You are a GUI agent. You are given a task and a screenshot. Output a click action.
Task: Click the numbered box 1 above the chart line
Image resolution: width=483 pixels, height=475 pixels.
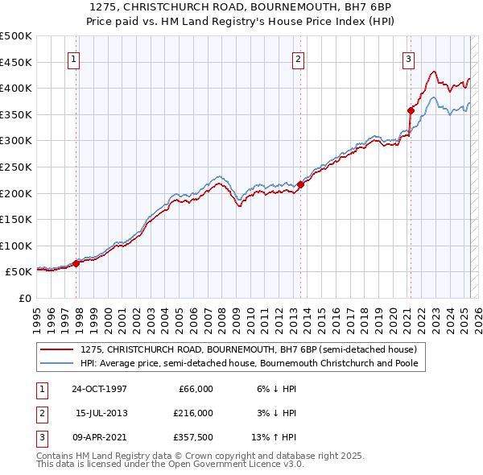pyautogui.click(x=73, y=58)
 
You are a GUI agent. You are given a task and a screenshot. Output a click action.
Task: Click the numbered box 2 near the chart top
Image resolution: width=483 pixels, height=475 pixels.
pyautogui.click(x=298, y=58)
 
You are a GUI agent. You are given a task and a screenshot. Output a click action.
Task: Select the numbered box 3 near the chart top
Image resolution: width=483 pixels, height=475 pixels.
pyautogui.click(x=408, y=58)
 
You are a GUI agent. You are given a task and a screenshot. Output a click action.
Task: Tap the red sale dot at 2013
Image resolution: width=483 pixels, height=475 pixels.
pyautogui.click(x=300, y=184)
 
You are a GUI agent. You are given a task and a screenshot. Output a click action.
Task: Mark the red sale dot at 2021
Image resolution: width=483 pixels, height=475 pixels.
pyautogui.click(x=411, y=110)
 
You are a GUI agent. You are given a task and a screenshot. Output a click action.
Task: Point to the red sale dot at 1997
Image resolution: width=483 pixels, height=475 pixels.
pyautogui.click(x=76, y=263)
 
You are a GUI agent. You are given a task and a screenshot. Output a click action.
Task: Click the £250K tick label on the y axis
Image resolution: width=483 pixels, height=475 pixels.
pyautogui.click(x=16, y=167)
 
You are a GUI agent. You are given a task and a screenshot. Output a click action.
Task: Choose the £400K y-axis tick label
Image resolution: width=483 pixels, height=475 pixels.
pyautogui.click(x=16, y=88)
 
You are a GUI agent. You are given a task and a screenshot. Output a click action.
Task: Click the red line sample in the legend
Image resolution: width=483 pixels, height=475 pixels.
pyautogui.click(x=57, y=349)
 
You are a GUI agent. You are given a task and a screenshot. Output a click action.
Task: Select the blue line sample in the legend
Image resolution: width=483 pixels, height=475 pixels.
pyautogui.click(x=57, y=363)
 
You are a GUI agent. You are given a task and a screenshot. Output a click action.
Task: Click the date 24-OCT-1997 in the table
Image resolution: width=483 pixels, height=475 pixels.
pyautogui.click(x=99, y=389)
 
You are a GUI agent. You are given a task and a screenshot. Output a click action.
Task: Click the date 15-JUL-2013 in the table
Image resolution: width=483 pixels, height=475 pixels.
pyautogui.click(x=101, y=413)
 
